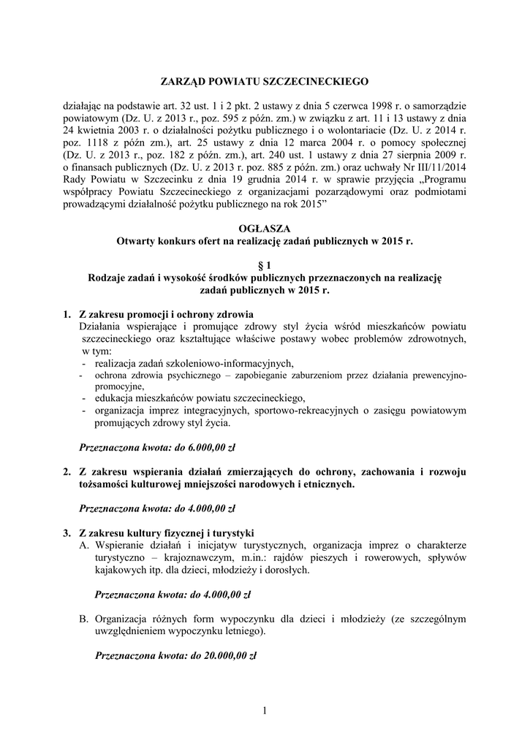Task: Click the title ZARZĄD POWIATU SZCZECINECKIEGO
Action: pyautogui.click(x=265, y=82)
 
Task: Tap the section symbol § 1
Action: pyautogui.click(x=265, y=265)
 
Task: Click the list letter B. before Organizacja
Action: pyautogui.click(x=84, y=619)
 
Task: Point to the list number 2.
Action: pyautogui.click(x=67, y=471)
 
